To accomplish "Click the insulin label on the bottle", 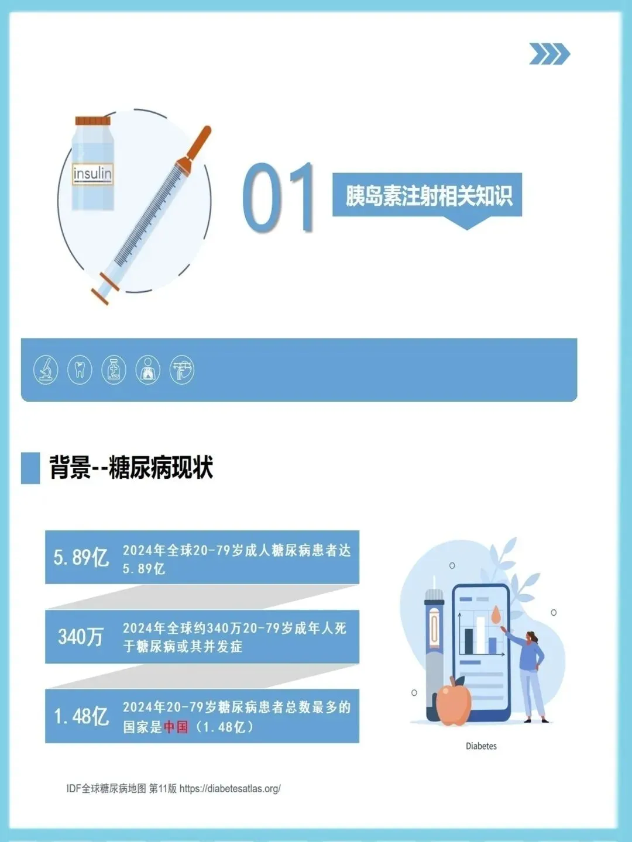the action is pyautogui.click(x=92, y=174).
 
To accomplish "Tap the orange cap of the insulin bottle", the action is pyautogui.click(x=93, y=121).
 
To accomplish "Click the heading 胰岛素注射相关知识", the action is pyautogui.click(x=429, y=196).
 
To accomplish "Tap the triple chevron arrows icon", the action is pyautogui.click(x=549, y=54).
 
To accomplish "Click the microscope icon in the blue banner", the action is pyautogui.click(x=46, y=370).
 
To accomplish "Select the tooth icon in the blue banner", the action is pyautogui.click(x=80, y=370).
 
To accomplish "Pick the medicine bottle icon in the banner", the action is pyautogui.click(x=114, y=370).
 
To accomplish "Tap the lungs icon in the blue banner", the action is pyautogui.click(x=147, y=370).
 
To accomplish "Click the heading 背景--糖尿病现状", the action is pyautogui.click(x=131, y=468).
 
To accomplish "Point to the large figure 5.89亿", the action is pyautogui.click(x=81, y=557).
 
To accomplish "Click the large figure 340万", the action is pyautogui.click(x=81, y=637).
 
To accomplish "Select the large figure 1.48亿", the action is pyautogui.click(x=81, y=716).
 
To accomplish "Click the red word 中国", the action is pyautogui.click(x=176, y=727).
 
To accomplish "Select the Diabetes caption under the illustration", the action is pyautogui.click(x=481, y=746).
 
